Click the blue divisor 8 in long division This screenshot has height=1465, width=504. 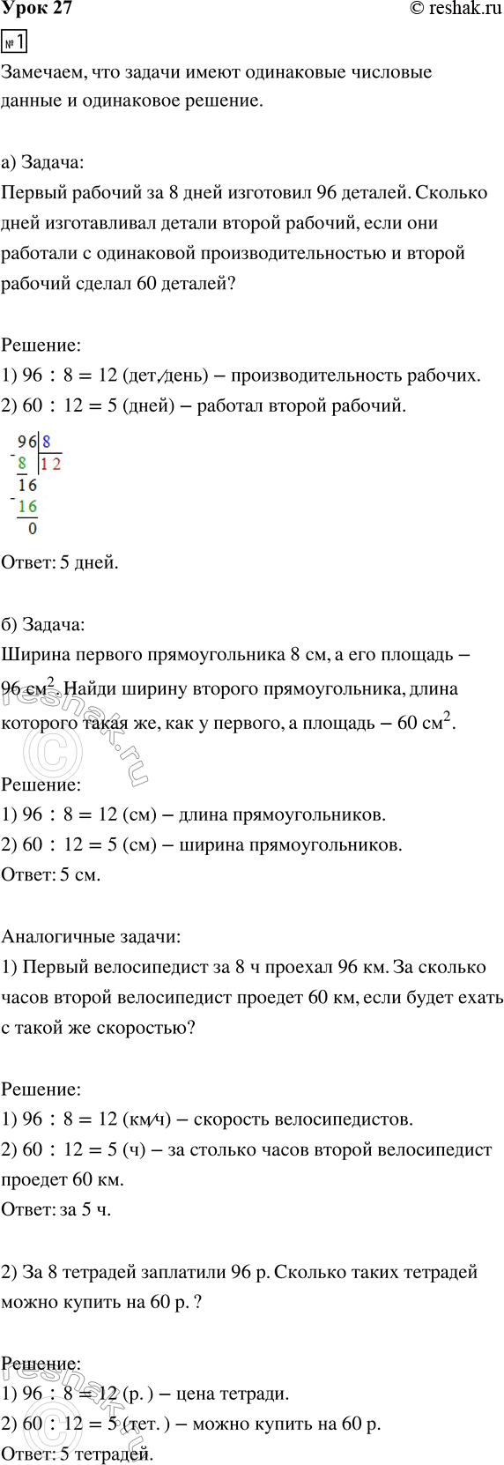[x=46, y=442]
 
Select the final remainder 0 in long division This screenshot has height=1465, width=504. [x=33, y=529]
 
